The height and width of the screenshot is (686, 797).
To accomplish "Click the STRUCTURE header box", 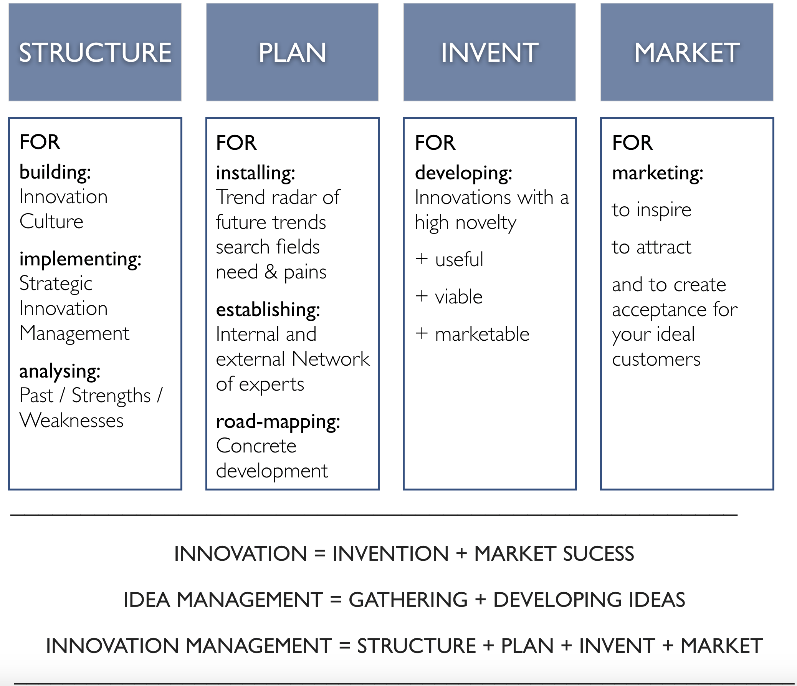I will [95, 52].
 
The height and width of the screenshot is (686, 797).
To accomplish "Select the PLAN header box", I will [292, 52].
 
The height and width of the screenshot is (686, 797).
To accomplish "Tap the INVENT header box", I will [489, 52].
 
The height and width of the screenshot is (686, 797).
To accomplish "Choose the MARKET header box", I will [686, 52].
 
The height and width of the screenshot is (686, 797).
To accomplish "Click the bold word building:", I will [55, 172].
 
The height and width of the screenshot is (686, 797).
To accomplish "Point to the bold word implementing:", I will [80, 259].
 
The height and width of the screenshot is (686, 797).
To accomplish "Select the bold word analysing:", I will [60, 371].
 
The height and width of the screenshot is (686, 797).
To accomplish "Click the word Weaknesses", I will [71, 420].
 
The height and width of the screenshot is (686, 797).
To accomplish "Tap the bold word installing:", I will [255, 173].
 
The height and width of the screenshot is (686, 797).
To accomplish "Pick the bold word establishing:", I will [268, 310].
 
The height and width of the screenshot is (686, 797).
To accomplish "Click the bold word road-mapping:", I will [278, 422].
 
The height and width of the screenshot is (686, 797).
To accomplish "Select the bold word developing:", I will [463, 173].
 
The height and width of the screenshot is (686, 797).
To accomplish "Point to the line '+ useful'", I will [449, 259].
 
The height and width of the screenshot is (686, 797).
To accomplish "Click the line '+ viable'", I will [449, 297].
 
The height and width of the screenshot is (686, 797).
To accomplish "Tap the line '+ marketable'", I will [472, 334].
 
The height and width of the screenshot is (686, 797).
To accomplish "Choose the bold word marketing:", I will [657, 173].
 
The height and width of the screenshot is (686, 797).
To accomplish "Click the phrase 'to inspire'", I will [651, 210].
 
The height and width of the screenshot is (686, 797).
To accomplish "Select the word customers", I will [656, 360].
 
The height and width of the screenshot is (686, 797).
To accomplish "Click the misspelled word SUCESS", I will [598, 553].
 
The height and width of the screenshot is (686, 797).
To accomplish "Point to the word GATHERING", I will [408, 600].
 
